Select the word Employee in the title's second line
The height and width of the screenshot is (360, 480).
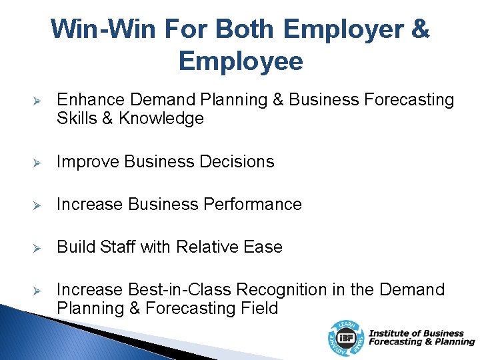(240, 61)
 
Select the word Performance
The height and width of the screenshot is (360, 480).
(256, 204)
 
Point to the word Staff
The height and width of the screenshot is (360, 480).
(117, 247)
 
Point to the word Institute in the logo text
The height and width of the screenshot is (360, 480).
(388, 333)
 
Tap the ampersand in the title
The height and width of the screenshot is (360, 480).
(421, 29)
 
